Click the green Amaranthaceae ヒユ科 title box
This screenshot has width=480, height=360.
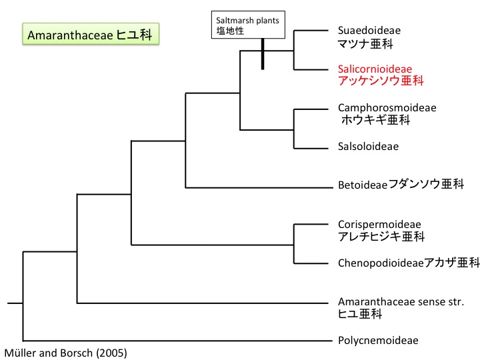point(91,35)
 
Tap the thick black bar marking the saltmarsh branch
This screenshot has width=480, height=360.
point(263,53)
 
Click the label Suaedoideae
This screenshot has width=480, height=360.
point(369,31)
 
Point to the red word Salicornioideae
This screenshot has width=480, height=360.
point(375,69)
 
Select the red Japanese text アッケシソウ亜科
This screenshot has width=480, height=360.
point(381,81)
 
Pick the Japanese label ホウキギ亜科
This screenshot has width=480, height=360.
point(375,120)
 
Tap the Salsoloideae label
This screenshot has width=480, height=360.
point(368,146)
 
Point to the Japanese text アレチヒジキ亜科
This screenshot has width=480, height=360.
point(381,237)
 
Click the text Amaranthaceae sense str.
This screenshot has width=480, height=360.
point(401,301)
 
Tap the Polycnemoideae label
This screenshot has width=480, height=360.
point(378,340)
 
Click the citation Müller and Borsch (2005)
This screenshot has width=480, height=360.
point(65,353)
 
